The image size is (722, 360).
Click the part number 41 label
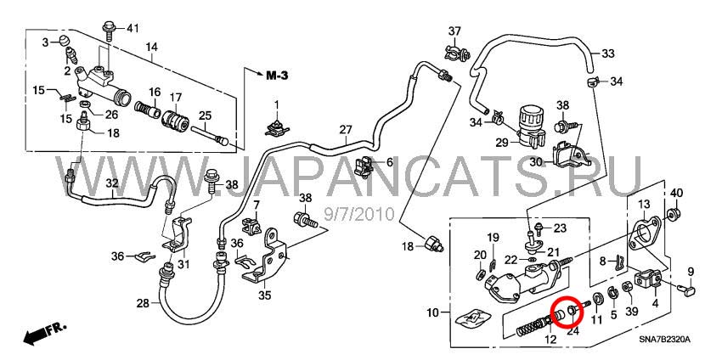click(132, 29)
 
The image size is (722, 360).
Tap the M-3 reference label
click(277, 76)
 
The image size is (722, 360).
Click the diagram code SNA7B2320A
click(664, 340)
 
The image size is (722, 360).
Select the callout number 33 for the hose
click(608, 53)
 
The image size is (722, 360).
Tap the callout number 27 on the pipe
click(346, 130)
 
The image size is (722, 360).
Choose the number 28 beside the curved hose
click(143, 303)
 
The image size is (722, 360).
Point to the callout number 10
click(433, 313)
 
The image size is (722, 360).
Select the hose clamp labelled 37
click(454, 54)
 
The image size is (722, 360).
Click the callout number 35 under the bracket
click(264, 296)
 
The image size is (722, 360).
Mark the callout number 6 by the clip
click(390, 162)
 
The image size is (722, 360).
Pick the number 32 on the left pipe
click(112, 183)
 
